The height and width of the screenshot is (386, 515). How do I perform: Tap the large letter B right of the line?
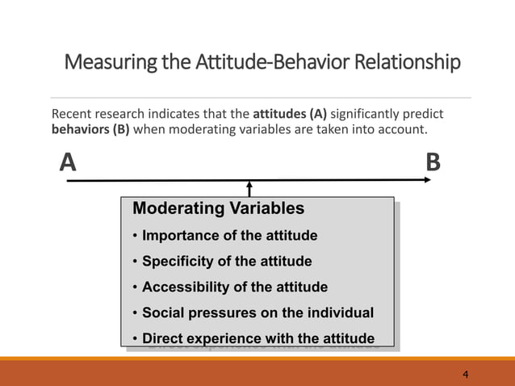[x=433, y=164]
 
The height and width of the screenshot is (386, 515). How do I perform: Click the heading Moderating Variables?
[x=218, y=208]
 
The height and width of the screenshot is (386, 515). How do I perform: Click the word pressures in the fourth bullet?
[x=216, y=313]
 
